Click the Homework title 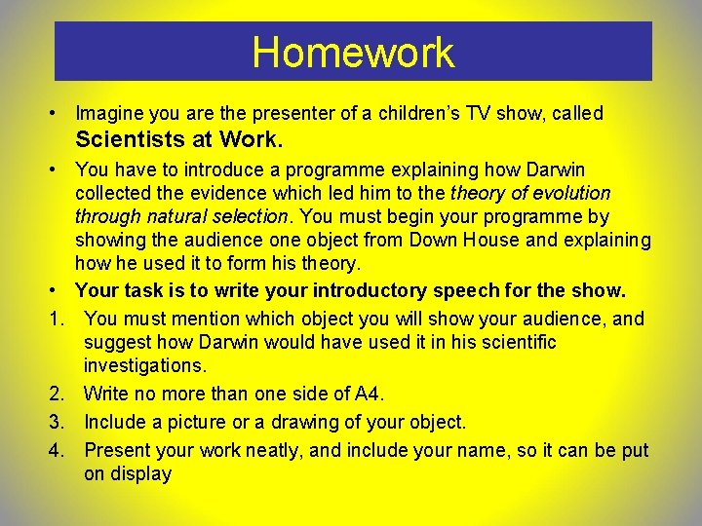click(x=353, y=53)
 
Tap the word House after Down click(x=456, y=240)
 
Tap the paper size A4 click(x=367, y=394)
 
